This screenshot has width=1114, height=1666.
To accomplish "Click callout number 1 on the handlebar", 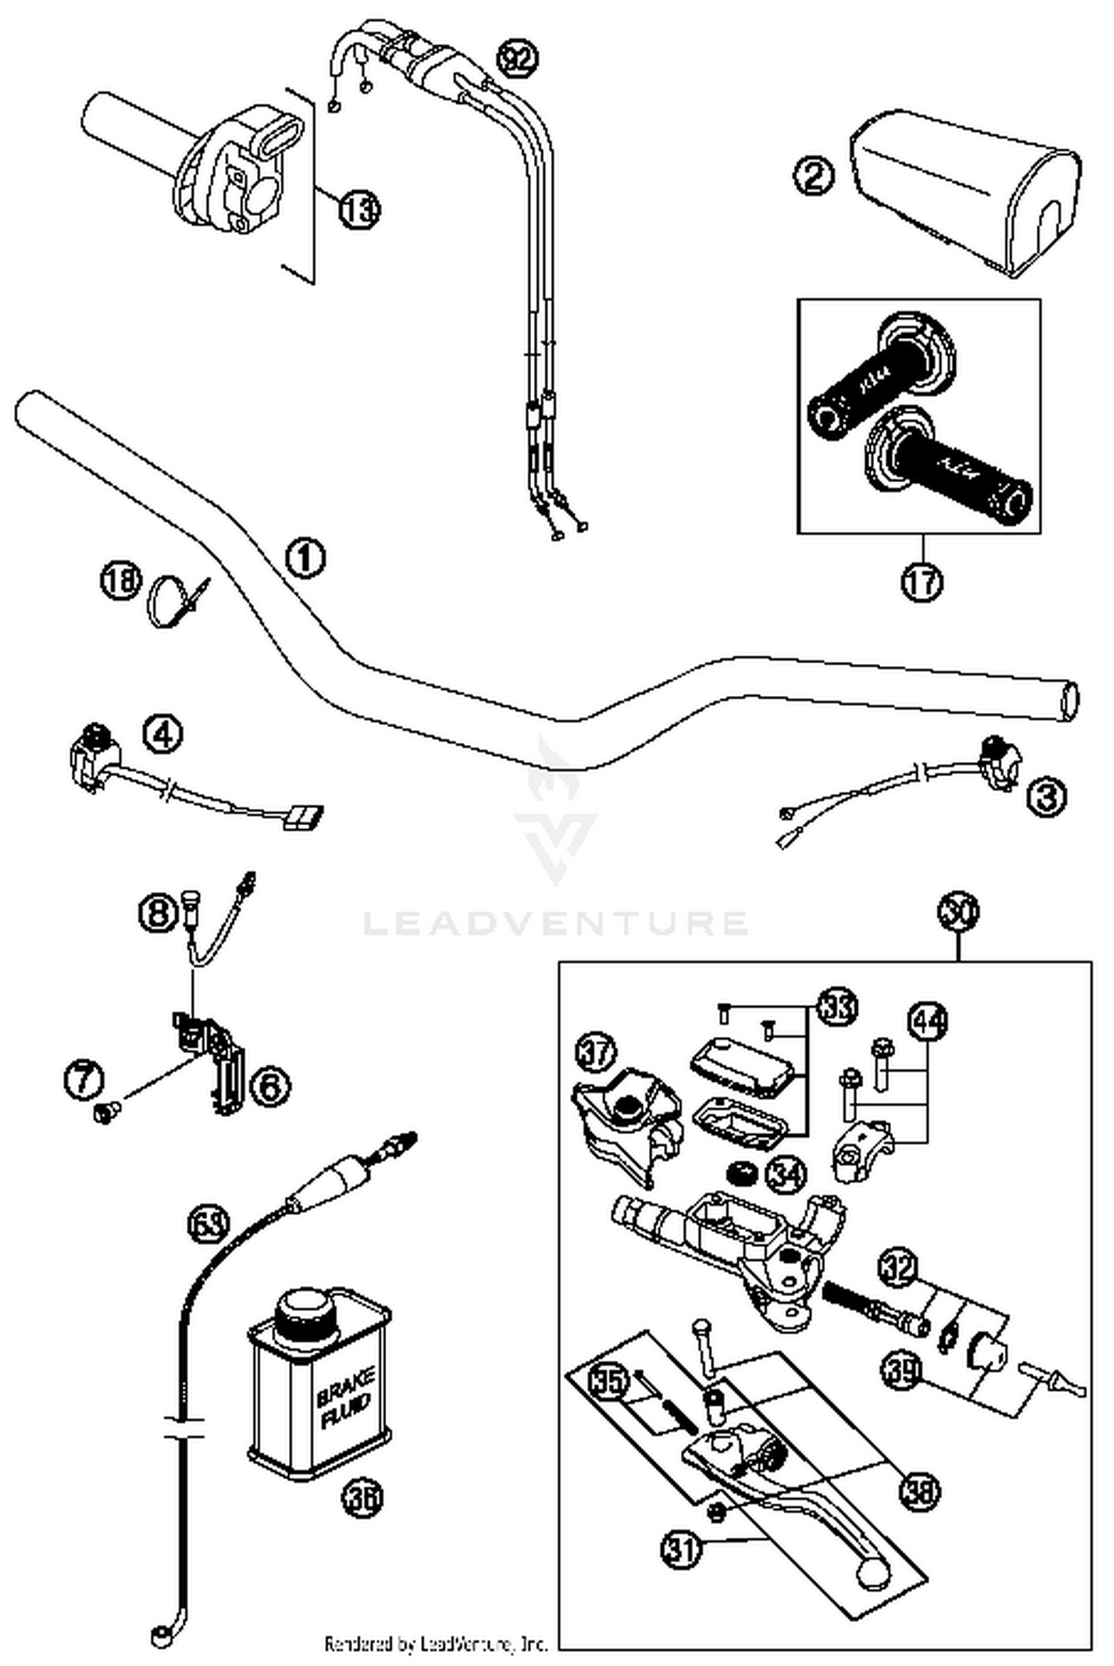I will pyautogui.click(x=305, y=557).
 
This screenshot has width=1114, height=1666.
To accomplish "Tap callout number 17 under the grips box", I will pyautogui.click(x=922, y=582).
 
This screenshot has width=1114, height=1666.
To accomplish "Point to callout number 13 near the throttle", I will pyautogui.click(x=359, y=210).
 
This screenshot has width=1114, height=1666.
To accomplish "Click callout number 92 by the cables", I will pyautogui.click(x=517, y=58).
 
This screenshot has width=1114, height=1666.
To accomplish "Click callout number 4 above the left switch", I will pyautogui.click(x=163, y=735).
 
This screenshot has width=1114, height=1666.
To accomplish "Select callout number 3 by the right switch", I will pyautogui.click(x=1046, y=798).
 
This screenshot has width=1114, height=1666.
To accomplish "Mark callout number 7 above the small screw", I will pyautogui.click(x=83, y=1080).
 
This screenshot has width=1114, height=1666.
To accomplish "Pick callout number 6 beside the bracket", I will pyautogui.click(x=269, y=1087).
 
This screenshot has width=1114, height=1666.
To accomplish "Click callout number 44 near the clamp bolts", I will pyautogui.click(x=929, y=1021).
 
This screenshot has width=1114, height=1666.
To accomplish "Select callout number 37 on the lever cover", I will pyautogui.click(x=596, y=1054).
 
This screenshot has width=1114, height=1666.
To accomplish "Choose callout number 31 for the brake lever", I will pyautogui.click(x=680, y=1549).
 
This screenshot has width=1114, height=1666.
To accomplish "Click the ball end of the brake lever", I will pyautogui.click(x=873, y=1572).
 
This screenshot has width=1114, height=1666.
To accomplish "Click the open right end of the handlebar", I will pyautogui.click(x=1070, y=700).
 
